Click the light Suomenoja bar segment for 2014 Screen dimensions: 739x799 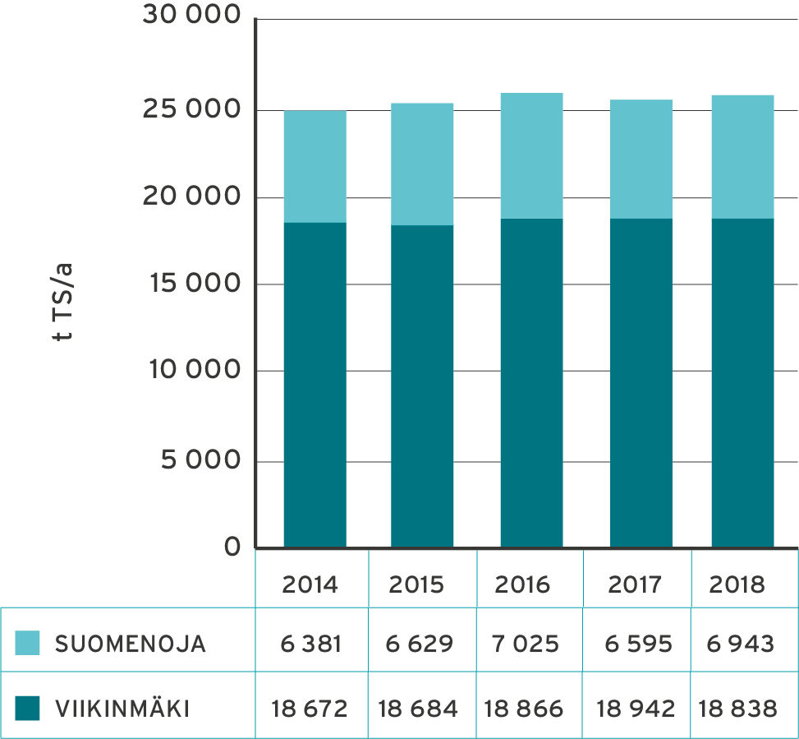(315, 166)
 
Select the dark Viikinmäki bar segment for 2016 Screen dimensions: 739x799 (531, 382)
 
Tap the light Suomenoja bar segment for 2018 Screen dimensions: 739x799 (742, 156)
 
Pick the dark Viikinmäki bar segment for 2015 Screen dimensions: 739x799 (422, 386)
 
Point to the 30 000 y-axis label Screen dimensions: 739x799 (191, 16)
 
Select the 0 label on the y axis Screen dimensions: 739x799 (233, 547)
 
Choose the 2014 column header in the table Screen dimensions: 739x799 (310, 584)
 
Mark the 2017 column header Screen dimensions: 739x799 (635, 584)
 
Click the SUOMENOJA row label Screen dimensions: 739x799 (130, 644)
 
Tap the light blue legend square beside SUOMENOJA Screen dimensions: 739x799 (27, 644)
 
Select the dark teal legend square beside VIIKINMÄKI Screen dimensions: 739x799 (27, 709)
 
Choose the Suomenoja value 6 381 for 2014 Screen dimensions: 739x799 (310, 644)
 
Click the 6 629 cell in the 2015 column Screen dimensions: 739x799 (419, 644)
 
